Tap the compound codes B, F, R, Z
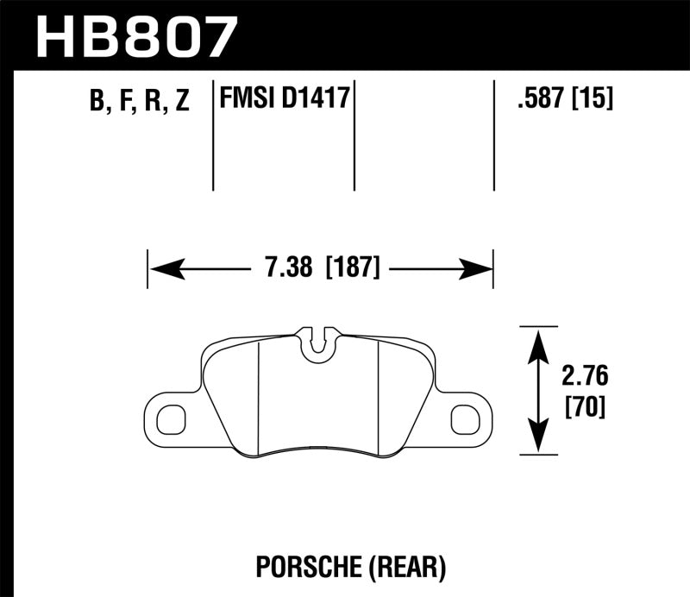pyautogui.click(x=139, y=102)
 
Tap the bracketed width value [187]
pyautogui.click(x=353, y=268)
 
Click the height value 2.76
pyautogui.click(x=585, y=378)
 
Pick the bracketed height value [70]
pyautogui.click(x=585, y=405)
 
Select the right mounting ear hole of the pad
pyautogui.click(x=466, y=419)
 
